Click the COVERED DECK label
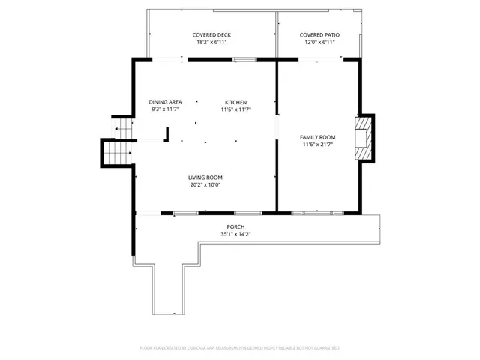coord(211,35)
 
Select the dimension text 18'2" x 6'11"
coord(211,43)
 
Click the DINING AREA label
coord(165,102)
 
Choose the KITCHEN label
coord(235,102)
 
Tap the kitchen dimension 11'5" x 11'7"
coord(235,109)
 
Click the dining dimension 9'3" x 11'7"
coord(165,109)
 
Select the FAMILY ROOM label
coord(317,137)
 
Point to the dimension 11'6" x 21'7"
coord(317,145)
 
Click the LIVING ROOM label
coord(205,178)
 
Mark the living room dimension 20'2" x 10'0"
coord(205,185)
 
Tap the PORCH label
coord(235,226)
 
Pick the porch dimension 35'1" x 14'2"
coord(235,234)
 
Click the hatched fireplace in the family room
coord(364,137)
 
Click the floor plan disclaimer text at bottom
coord(240,348)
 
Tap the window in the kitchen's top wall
coord(244,59)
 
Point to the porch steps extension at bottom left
coord(166,289)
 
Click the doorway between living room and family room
coord(277,127)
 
